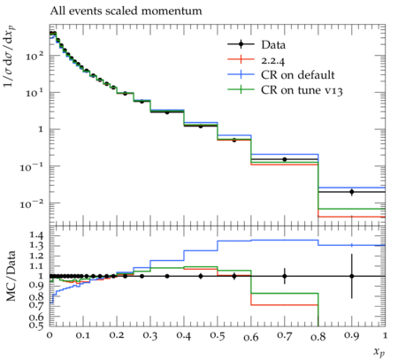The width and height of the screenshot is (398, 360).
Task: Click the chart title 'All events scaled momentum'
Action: [126, 11]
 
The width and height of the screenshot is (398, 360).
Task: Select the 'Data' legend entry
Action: [256, 45]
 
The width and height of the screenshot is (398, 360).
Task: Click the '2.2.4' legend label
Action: [273, 60]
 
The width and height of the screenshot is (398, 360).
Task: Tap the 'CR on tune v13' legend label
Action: [302, 90]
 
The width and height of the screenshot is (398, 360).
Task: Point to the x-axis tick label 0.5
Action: [218, 336]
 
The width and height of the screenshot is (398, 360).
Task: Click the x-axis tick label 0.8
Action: [318, 336]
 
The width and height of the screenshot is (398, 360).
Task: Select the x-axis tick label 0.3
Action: [150, 336]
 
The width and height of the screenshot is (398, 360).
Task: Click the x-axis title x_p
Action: [379, 352]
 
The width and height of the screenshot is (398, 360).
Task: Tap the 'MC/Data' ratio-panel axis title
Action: [11, 276]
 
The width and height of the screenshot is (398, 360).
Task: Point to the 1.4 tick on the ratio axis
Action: [36, 235]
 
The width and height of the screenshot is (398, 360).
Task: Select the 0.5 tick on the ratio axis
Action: [36, 325]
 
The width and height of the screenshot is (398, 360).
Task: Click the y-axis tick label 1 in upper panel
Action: [41, 129]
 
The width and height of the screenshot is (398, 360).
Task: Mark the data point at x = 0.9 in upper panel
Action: [352, 192]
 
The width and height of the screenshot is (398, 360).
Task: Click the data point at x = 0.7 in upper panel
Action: [285, 159]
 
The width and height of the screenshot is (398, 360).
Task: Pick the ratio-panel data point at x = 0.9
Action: [352, 276]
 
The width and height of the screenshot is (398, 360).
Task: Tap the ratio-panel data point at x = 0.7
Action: [285, 276]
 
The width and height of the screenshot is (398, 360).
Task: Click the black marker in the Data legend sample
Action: [241, 44]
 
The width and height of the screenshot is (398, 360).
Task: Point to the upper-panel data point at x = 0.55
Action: [234, 140]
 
